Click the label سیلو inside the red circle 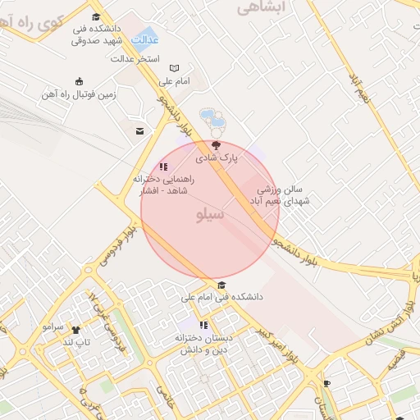[212, 214]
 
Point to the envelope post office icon [140, 130]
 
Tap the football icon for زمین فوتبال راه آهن [79, 80]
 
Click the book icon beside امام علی [174, 68]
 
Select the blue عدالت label [146, 39]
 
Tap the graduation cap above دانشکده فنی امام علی [221, 285]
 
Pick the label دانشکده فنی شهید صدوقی [98, 34]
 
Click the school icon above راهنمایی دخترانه [162, 167]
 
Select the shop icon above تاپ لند [76, 329]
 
